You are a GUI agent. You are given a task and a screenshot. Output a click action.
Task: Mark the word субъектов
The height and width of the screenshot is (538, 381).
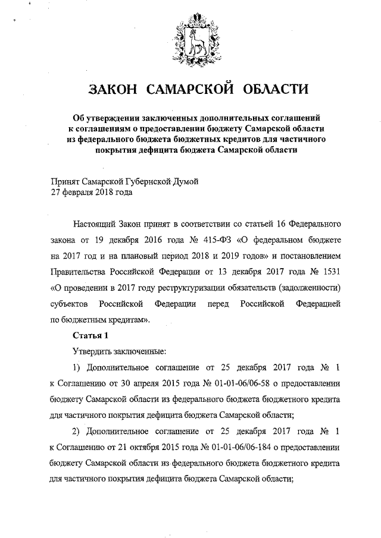70,304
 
